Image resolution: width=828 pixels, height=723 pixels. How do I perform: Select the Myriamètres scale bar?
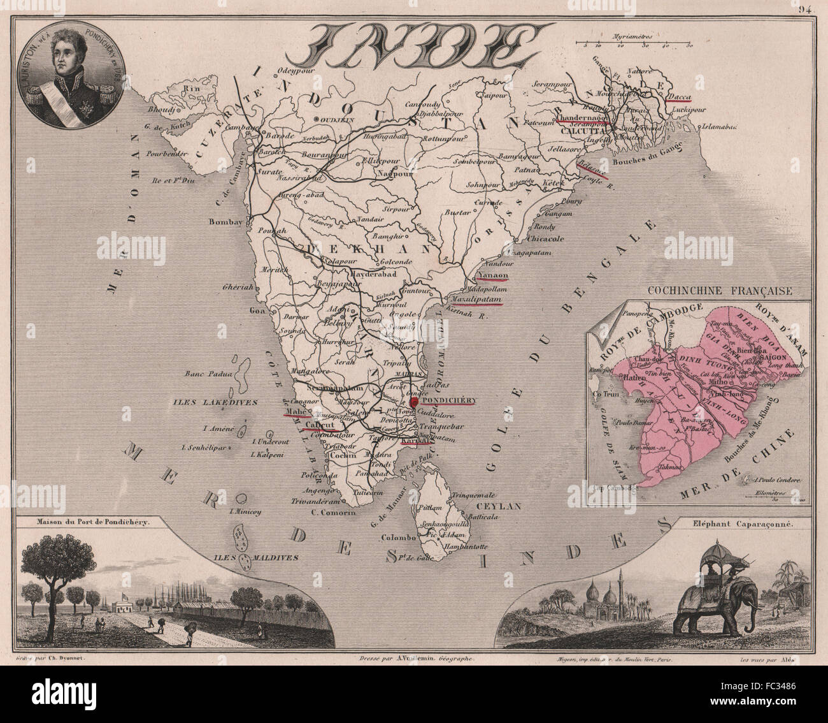click(x=634, y=44)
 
